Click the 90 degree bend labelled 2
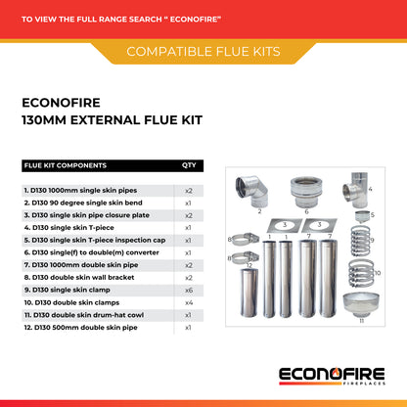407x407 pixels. (251, 192)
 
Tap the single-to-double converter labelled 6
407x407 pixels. (306, 192)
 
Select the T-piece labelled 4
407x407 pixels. (355, 191)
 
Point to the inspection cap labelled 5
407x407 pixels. (362, 216)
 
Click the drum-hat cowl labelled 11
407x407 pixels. (361, 304)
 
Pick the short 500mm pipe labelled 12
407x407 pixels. (249, 293)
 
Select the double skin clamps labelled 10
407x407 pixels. (361, 273)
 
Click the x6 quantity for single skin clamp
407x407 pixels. (189, 291)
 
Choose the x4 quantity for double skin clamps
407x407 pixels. (189, 303)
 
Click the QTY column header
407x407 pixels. (189, 165)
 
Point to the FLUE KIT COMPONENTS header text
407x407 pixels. (66, 165)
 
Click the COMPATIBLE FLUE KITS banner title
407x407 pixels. (203, 52)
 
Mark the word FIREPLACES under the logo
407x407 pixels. (364, 384)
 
